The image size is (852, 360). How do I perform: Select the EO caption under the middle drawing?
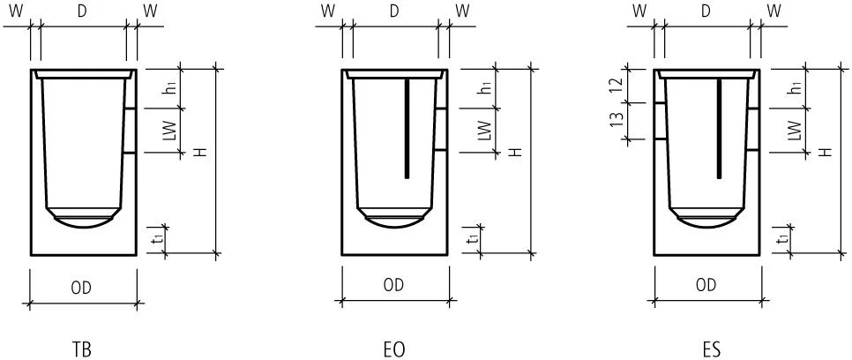[x=394, y=349]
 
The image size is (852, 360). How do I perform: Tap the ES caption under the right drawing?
[x=711, y=349]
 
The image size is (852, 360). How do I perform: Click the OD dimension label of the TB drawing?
[x=81, y=289]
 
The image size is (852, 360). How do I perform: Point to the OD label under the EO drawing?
[x=394, y=285]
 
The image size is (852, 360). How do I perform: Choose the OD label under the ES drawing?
[x=706, y=285]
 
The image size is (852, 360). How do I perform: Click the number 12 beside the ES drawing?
[x=616, y=85]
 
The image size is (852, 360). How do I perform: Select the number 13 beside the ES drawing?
[x=616, y=120]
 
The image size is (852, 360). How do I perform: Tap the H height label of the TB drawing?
[x=201, y=153]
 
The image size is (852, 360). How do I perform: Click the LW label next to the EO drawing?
[x=485, y=131]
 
